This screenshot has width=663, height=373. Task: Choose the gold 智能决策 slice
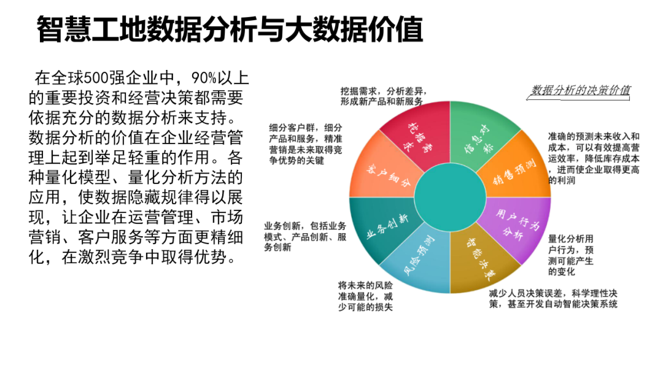(480, 261)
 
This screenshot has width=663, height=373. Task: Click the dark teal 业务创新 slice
(384, 224)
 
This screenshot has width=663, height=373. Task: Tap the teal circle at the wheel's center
(450, 198)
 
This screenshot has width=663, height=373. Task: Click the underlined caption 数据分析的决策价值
(580, 91)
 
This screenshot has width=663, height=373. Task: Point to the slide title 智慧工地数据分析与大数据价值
(230, 29)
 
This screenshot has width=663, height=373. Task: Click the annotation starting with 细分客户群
(305, 144)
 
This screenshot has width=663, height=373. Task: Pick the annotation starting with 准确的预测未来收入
(594, 159)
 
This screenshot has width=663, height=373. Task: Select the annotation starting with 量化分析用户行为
(571, 255)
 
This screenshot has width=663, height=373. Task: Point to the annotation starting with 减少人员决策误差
(552, 299)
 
